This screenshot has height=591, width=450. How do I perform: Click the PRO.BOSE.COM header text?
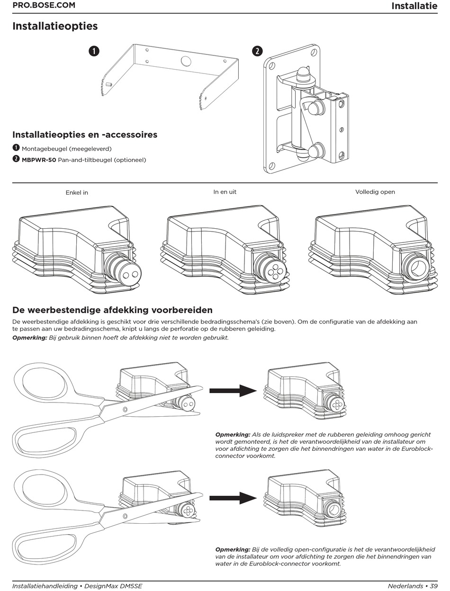click(x=44, y=5)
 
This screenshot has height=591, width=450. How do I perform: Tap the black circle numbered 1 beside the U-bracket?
click(x=94, y=51)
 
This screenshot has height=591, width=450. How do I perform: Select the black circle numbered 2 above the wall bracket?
click(x=257, y=51)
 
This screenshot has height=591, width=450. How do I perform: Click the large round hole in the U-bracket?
click(x=186, y=61)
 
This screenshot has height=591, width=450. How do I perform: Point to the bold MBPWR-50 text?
click(x=39, y=160)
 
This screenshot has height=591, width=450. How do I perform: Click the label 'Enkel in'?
click(x=77, y=193)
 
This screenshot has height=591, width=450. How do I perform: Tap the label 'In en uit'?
click(x=225, y=192)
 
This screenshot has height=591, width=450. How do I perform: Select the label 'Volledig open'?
click(x=375, y=192)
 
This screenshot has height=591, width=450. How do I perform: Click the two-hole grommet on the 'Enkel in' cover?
click(x=131, y=274)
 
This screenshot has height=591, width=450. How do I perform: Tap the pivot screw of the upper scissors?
click(x=125, y=410)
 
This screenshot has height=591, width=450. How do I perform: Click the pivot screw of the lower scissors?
click(x=125, y=516)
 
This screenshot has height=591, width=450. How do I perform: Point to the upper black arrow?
click(x=233, y=391)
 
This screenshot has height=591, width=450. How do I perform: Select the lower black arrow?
click(x=233, y=498)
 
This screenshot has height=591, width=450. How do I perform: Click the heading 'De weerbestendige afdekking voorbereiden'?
click(x=113, y=310)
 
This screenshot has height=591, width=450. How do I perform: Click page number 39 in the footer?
click(x=434, y=586)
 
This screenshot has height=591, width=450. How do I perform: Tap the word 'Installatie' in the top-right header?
click(x=414, y=6)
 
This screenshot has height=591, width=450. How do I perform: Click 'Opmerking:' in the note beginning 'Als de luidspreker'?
click(x=233, y=435)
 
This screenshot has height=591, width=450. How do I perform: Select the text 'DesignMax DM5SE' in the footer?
click(x=113, y=586)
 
